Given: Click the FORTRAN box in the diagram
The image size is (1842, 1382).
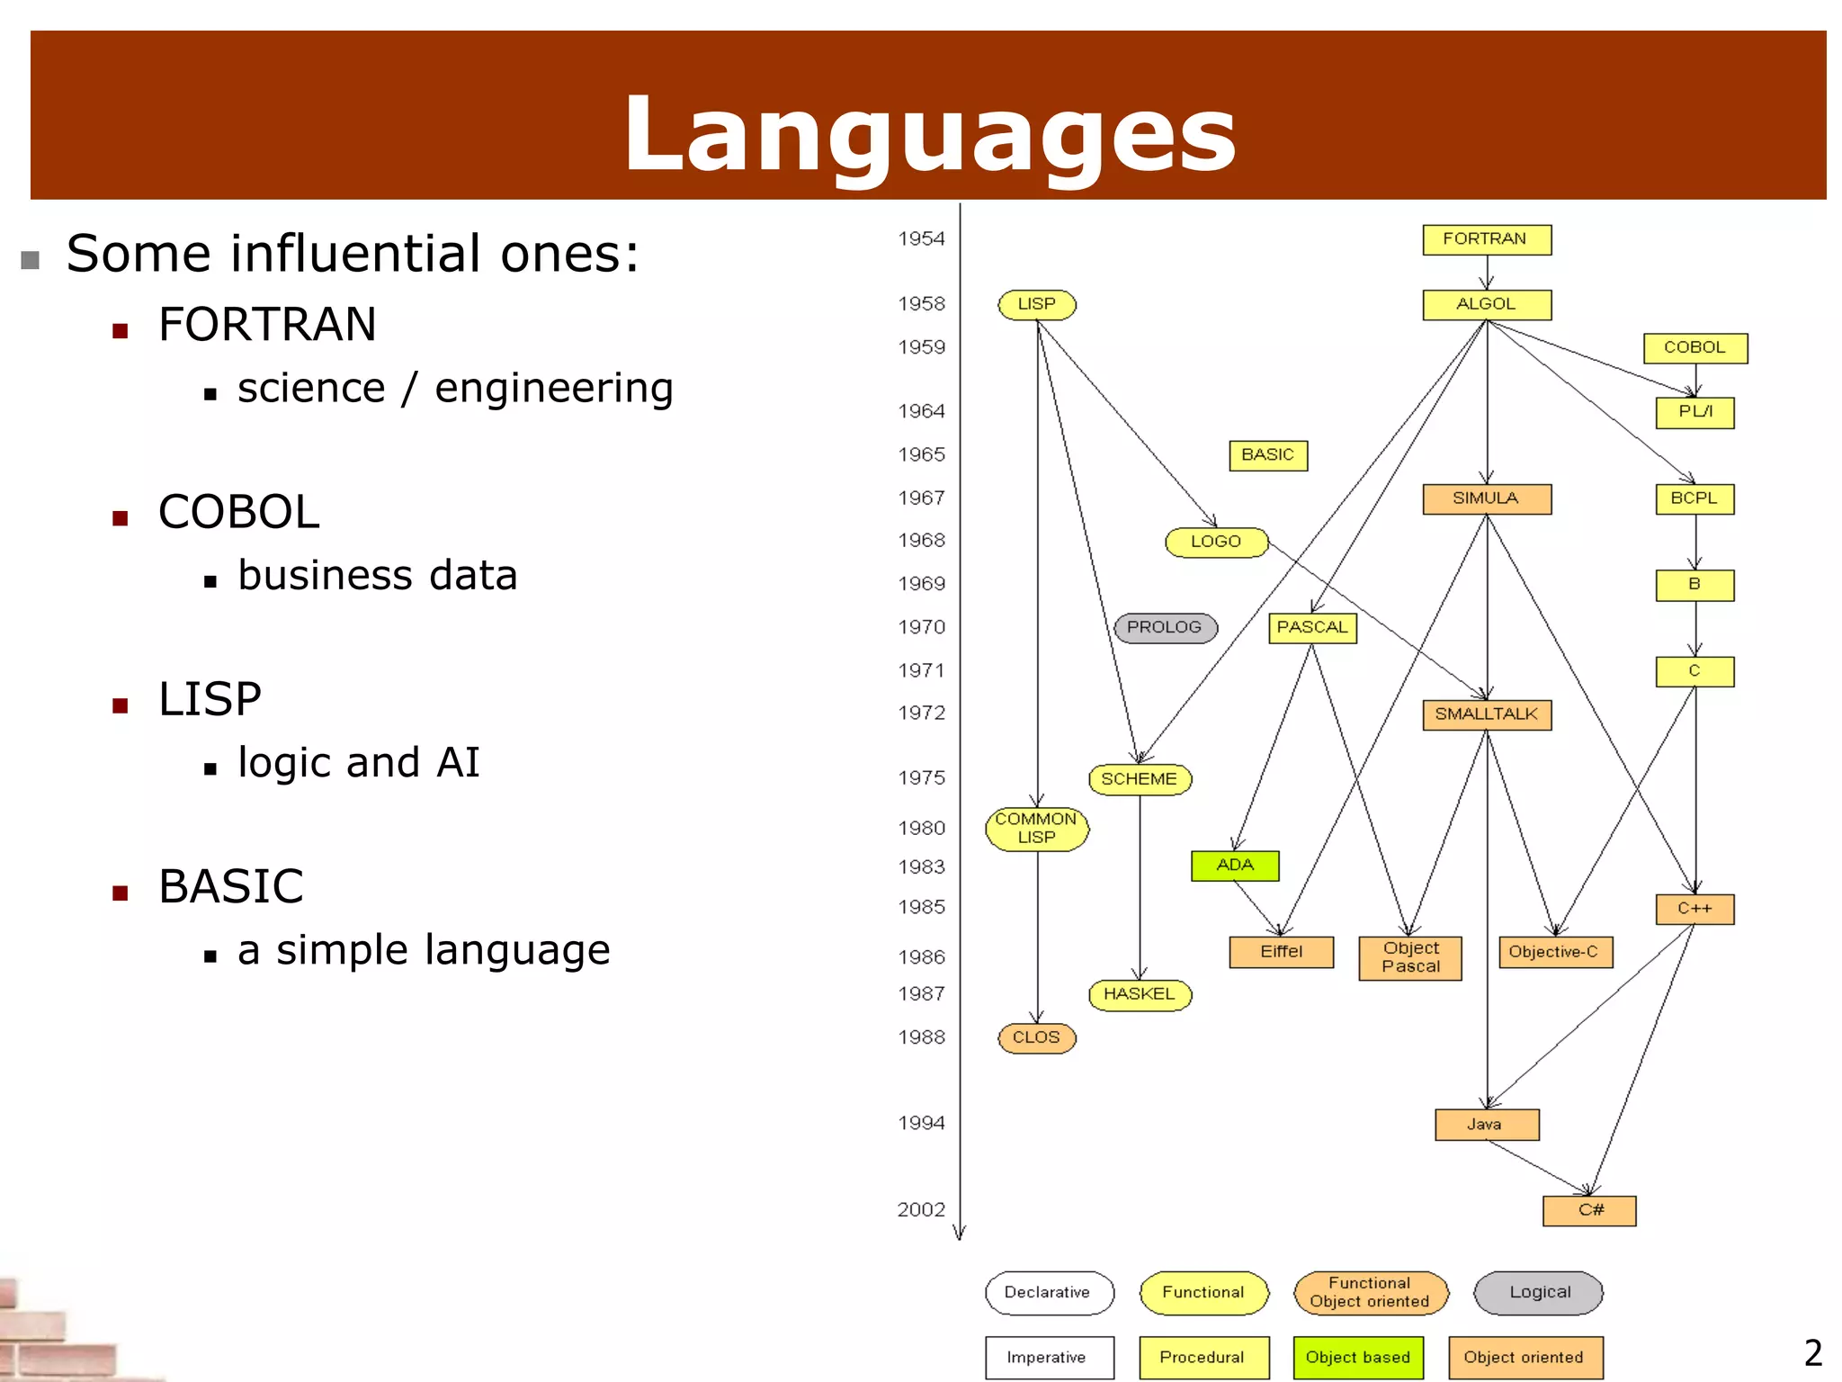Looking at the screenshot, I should point(1486,239).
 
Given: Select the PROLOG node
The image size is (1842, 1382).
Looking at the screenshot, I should point(1165,627).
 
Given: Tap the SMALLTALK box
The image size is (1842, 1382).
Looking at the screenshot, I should point(1486,714).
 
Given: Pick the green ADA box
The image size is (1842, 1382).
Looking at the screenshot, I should point(1235,866).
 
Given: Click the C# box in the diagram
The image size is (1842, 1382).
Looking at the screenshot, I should point(1589,1210).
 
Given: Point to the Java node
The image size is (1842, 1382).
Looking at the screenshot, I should point(1486,1125).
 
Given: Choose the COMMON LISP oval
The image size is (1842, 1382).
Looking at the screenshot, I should point(1037,829).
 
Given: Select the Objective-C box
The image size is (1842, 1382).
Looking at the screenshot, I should point(1554,952).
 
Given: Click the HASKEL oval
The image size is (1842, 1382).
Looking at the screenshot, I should point(1140,994).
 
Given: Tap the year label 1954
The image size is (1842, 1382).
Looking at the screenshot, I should point(921,239).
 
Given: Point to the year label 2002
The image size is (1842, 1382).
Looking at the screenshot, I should point(921,1210).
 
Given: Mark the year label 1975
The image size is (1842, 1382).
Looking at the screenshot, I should point(921,778).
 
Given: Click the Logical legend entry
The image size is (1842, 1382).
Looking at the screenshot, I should point(1539,1293).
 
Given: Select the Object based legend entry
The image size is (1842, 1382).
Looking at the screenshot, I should point(1358,1358).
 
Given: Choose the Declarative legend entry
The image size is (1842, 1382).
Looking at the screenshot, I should point(1049,1293).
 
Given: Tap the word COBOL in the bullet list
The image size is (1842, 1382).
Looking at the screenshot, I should point(238,512).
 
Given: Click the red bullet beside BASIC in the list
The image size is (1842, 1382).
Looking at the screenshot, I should point(121,893).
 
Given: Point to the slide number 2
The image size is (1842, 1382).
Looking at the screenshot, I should point(1813,1353).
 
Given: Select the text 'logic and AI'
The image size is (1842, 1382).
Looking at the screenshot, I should point(358,763).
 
